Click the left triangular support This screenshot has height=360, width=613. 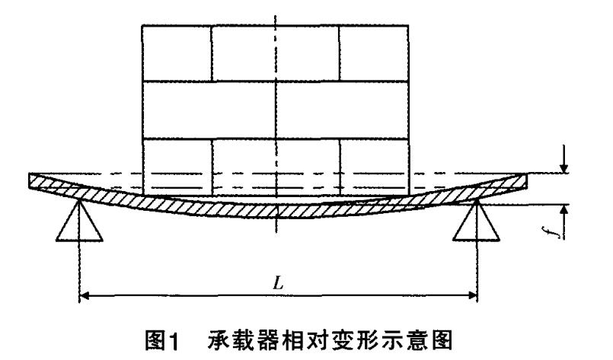79,221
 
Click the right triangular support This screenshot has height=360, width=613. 476,221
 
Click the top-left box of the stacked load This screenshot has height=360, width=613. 177,53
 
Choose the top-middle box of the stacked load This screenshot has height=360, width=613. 275,53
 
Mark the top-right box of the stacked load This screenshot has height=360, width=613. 375,53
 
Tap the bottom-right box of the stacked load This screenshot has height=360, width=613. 375,164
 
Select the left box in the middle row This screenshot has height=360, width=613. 209,110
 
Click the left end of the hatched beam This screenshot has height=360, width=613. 35,181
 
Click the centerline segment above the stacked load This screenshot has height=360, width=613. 279,14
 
